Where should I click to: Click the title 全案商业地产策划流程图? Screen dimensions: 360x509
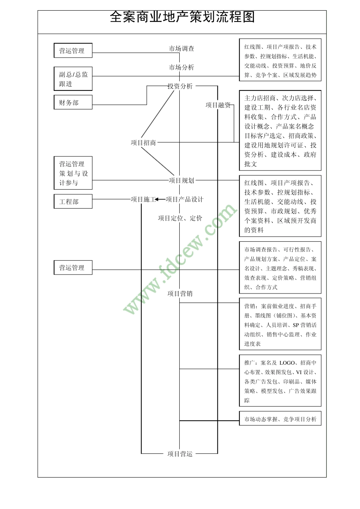182,17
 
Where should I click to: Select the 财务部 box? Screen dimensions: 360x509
73,102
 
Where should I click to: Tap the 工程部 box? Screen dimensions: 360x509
73,201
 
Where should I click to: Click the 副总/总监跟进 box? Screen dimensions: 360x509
73,79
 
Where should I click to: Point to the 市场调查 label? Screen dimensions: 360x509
182,48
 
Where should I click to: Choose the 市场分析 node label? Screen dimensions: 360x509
182,67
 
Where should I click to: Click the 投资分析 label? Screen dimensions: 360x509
180,86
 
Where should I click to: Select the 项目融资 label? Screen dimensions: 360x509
218,105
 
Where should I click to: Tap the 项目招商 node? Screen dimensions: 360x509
143,143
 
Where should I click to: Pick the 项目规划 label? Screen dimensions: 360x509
182,181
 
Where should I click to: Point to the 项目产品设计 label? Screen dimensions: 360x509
185,199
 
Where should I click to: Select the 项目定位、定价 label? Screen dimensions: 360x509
180,218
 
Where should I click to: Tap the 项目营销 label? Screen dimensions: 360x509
180,294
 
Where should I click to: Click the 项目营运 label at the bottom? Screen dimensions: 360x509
180,454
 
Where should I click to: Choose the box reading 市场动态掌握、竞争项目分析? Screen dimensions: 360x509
280,419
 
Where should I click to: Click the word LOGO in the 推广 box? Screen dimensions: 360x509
287,363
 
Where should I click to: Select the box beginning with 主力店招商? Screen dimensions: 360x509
280,130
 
